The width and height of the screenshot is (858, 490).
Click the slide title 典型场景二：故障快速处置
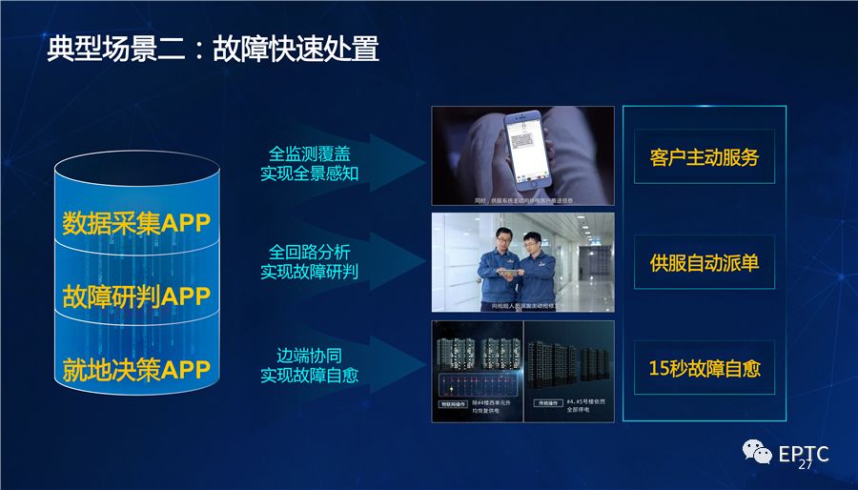click(213, 50)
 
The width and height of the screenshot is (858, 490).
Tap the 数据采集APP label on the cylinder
click(135, 223)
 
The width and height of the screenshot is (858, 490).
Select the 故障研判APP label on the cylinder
click(135, 296)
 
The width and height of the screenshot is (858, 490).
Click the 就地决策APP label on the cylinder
click(135, 368)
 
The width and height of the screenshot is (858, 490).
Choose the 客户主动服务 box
click(705, 157)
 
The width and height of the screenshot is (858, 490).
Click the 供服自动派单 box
click(705, 262)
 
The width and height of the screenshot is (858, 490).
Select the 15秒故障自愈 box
click(705, 368)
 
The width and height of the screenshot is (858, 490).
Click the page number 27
click(805, 465)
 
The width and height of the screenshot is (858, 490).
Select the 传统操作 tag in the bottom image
click(545, 404)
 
